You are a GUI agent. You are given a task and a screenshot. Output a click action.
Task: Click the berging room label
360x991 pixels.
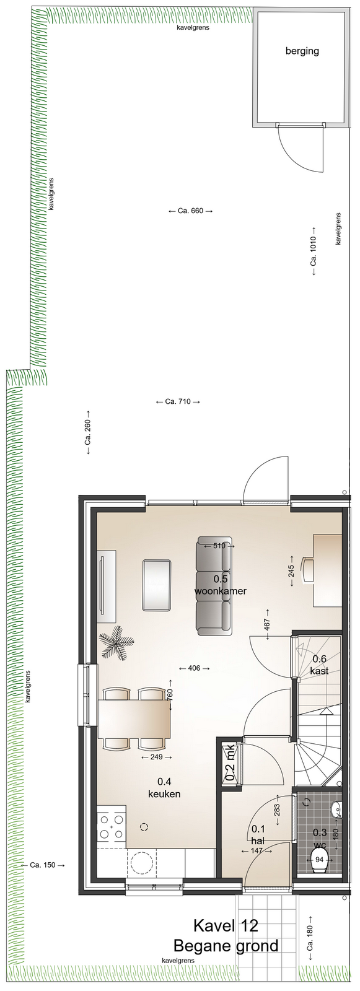[302, 51]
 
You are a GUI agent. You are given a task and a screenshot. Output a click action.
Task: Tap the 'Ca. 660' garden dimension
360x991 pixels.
[190, 211]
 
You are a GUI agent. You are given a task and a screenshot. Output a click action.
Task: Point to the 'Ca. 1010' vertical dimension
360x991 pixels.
[314, 251]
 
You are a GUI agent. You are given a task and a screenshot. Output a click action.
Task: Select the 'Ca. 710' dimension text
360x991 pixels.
[178, 402]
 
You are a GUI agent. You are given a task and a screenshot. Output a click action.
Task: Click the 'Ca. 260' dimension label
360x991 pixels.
[88, 431]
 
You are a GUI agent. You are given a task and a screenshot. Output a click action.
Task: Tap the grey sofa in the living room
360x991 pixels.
[214, 585]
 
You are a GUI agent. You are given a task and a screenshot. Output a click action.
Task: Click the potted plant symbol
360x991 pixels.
[116, 641]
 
